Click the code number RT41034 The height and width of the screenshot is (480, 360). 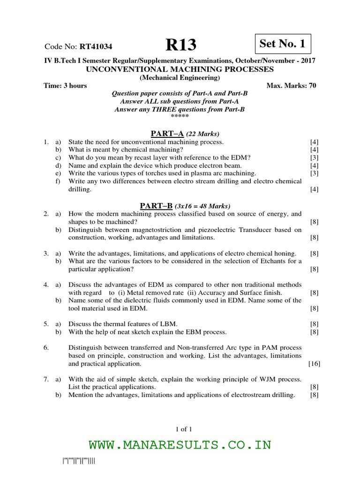pyautogui.click(x=96, y=46)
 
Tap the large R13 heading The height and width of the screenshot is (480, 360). pyautogui.click(x=181, y=45)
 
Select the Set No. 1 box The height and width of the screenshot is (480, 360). pyautogui.click(x=282, y=44)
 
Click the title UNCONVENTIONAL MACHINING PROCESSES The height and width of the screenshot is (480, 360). pyautogui.click(x=180, y=69)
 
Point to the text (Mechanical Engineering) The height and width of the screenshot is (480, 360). pyautogui.click(x=180, y=77)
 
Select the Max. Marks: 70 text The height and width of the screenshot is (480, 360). pyautogui.click(x=291, y=86)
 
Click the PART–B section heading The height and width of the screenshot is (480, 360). pyautogui.click(x=157, y=205)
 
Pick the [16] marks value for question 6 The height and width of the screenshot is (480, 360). pyautogui.click(x=314, y=364)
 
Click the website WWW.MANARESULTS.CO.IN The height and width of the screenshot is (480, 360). pyautogui.click(x=180, y=444)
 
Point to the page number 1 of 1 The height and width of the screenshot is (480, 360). pyautogui.click(x=180, y=428)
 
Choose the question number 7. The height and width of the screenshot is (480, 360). pyautogui.click(x=46, y=379)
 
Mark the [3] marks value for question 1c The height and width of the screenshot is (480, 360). pyautogui.click(x=314, y=157)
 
